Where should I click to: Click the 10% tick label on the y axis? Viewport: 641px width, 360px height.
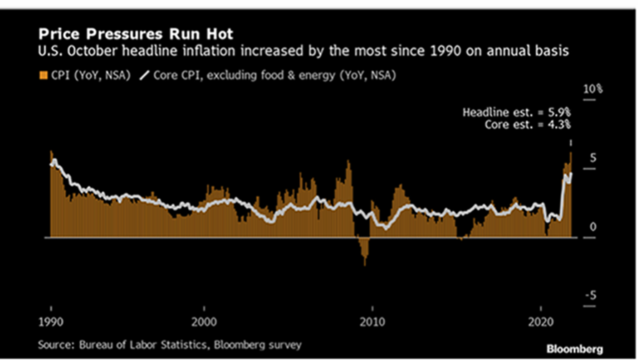(594, 89)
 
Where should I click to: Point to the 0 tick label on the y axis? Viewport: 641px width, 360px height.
(592, 227)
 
